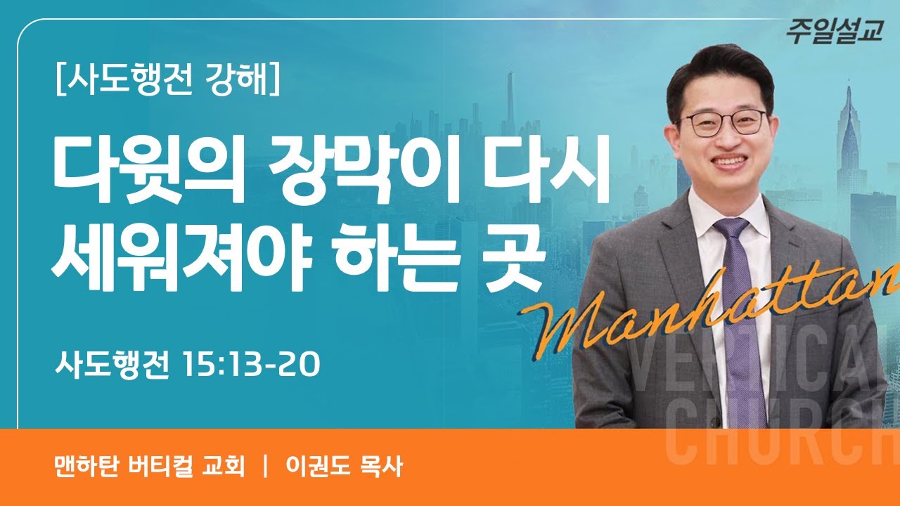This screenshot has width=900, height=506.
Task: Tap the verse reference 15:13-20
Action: [x=250, y=365]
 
